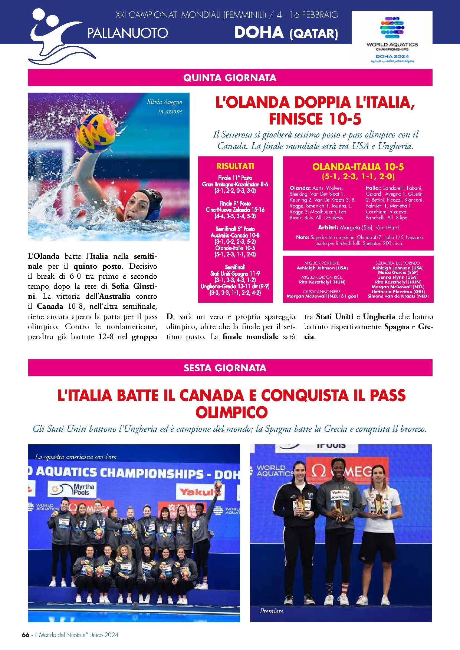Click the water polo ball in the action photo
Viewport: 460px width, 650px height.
click(95, 133)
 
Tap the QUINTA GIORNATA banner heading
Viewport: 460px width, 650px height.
click(230, 78)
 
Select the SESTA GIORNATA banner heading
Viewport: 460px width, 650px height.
click(225, 368)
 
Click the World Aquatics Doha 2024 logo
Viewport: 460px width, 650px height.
click(392, 39)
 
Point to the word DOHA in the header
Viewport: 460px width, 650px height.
click(259, 33)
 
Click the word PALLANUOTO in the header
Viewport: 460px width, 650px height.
click(128, 33)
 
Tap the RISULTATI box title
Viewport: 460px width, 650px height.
click(235, 166)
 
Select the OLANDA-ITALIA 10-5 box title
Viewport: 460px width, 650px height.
click(358, 167)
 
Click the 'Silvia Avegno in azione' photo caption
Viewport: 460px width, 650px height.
click(165, 106)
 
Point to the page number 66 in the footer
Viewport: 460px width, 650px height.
click(25, 635)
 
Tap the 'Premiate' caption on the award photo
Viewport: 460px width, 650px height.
click(272, 611)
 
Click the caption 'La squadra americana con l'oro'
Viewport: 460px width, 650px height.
click(76, 457)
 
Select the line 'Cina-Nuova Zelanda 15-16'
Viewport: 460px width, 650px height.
click(235, 210)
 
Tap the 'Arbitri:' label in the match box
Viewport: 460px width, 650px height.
click(328, 228)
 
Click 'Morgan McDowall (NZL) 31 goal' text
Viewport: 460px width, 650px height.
click(322, 296)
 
